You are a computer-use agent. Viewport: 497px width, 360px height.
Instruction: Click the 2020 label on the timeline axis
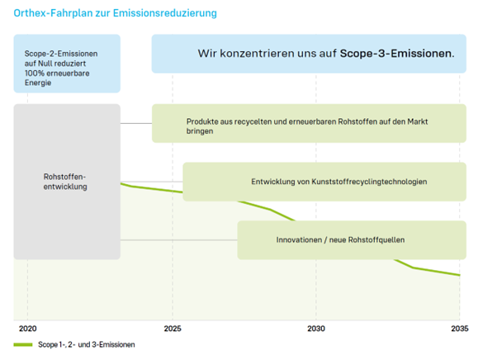click(x=27, y=328)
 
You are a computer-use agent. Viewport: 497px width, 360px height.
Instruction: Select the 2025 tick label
click(x=172, y=328)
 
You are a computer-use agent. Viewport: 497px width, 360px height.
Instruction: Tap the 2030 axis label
click(x=316, y=328)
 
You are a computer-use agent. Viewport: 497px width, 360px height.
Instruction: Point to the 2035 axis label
click(x=459, y=328)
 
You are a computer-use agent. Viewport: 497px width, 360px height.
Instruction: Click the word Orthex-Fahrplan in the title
click(x=49, y=13)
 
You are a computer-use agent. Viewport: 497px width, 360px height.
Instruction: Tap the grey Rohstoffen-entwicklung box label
click(x=64, y=182)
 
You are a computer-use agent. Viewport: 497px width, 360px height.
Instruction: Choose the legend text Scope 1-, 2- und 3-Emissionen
click(x=86, y=344)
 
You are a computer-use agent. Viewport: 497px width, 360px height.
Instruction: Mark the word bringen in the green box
click(x=200, y=132)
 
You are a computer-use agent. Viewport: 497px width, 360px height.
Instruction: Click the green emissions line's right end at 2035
click(x=458, y=275)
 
